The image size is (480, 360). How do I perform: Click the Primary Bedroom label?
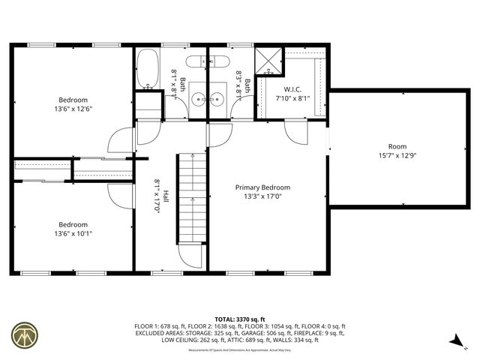[262, 187]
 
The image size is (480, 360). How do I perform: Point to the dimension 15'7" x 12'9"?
[397, 156]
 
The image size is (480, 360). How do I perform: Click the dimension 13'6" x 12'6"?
[74, 109]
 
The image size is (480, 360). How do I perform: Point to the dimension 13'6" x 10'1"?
[74, 233]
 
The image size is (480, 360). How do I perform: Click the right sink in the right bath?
[218, 97]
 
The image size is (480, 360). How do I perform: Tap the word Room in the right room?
[397, 146]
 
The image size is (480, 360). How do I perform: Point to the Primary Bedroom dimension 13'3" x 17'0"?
[262, 197]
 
